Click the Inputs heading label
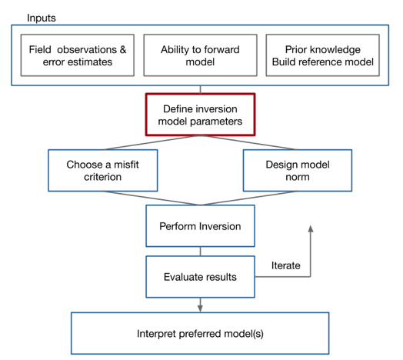[x=42, y=18]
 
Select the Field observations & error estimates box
[x=78, y=55]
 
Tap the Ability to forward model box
[x=200, y=55]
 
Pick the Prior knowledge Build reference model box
[x=323, y=55]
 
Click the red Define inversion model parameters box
[x=200, y=115]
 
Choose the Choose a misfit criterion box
[x=103, y=171]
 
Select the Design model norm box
[x=298, y=171]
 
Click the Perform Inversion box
[x=200, y=226]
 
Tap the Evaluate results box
[x=200, y=277]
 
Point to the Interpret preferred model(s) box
[x=200, y=334]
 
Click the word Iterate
[x=286, y=265]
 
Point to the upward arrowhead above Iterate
[x=311, y=229]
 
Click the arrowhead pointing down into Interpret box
[x=200, y=308]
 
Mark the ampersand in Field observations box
[x=123, y=50]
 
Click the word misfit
[x=126, y=165]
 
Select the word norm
[x=298, y=177]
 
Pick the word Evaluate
[x=181, y=277]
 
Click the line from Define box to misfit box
[x=152, y=142]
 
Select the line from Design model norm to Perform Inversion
[x=248, y=198]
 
